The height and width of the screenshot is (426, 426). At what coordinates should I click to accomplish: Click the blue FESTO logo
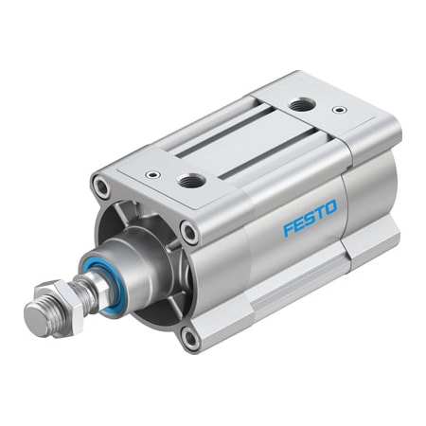(x=308, y=226)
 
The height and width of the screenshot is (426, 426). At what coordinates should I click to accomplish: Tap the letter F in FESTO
(x=285, y=232)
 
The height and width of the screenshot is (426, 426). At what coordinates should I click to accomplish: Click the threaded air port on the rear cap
(x=302, y=104)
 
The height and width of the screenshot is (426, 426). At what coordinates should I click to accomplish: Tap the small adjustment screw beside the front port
(x=151, y=174)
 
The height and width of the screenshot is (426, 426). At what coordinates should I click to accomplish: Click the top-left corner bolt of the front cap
(x=100, y=186)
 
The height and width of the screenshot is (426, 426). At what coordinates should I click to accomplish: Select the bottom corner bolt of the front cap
(x=191, y=337)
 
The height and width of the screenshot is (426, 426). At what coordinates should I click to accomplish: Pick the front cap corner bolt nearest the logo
(x=189, y=229)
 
